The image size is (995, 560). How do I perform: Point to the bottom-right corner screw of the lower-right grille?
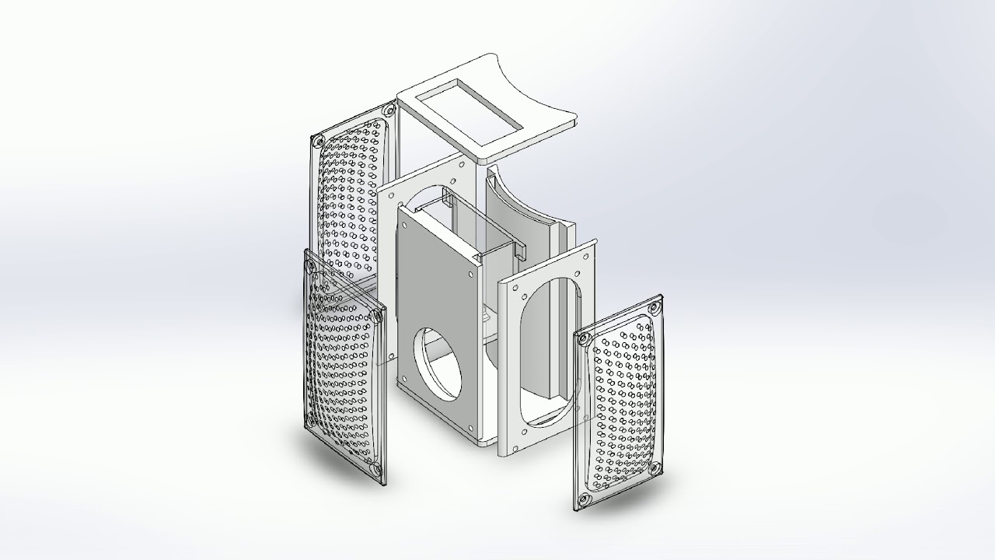click(655, 468)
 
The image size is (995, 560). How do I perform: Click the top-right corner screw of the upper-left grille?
click(386, 110)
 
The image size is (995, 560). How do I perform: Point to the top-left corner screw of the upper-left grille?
click(317, 142)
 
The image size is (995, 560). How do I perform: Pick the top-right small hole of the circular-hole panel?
click(471, 275)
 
